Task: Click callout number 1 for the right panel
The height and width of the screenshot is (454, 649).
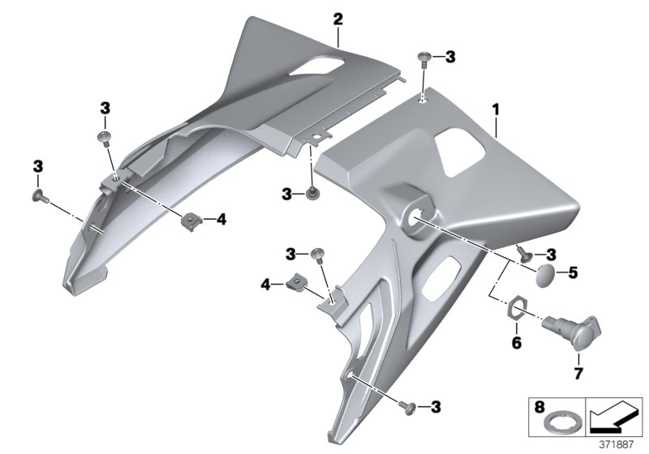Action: (496, 107)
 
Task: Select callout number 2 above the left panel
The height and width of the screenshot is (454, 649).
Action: (337, 18)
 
